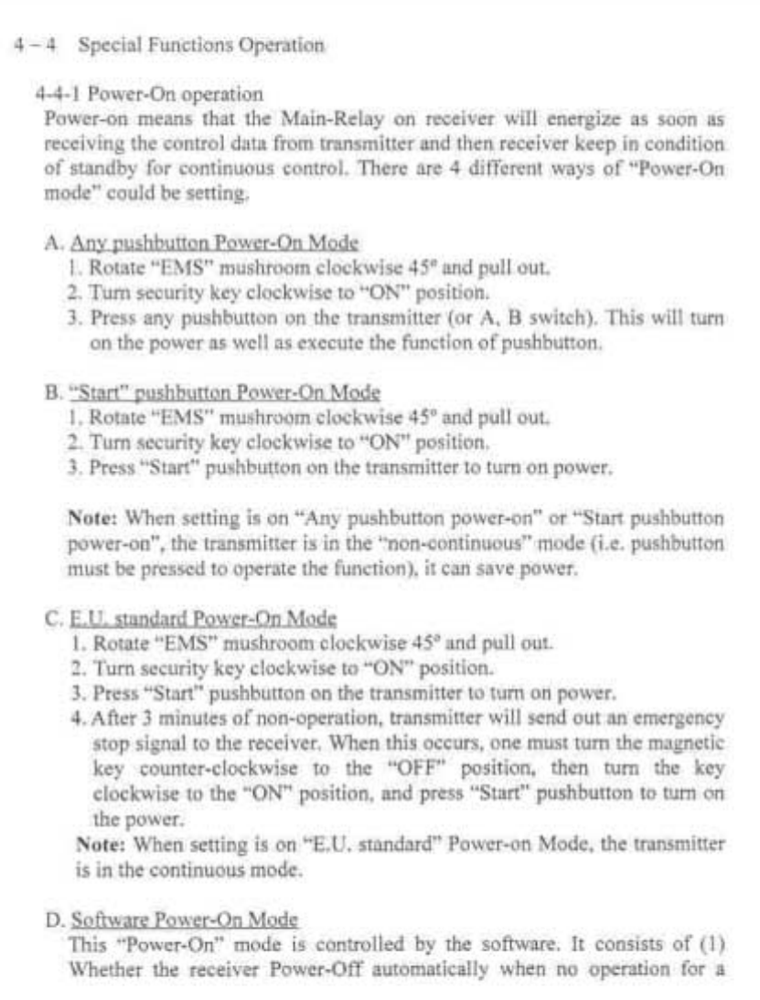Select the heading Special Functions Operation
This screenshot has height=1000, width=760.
pos(201,45)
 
